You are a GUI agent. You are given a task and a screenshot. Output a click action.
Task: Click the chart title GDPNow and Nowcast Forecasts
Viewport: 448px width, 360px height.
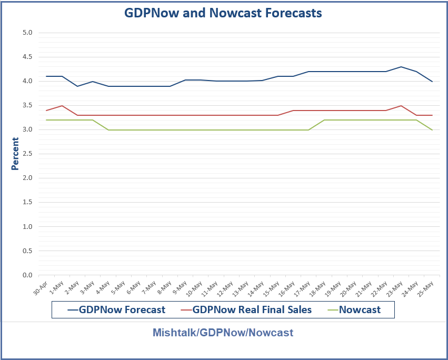coord(223,13)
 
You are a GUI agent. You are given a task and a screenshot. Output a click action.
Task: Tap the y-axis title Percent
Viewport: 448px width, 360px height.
coord(15,154)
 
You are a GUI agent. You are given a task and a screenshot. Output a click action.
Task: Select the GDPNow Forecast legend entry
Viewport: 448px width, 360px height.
coord(116,309)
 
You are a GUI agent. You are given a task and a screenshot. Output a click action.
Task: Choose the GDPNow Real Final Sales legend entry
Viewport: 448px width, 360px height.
coord(246,309)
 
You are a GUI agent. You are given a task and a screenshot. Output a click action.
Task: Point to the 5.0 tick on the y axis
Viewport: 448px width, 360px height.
coord(27,33)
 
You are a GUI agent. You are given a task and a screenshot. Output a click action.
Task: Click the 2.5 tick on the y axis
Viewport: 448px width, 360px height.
coord(27,154)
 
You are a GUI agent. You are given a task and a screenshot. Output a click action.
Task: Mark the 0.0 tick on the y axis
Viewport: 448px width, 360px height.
coord(27,275)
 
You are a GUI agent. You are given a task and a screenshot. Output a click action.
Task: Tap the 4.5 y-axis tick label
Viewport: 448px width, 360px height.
coord(27,57)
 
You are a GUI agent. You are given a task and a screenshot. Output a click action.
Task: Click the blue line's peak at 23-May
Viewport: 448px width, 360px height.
coord(401,67)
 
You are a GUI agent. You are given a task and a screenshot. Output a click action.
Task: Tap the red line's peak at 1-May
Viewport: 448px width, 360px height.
coord(62,106)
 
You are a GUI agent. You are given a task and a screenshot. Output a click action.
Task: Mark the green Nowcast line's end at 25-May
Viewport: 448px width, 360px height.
coord(432,129)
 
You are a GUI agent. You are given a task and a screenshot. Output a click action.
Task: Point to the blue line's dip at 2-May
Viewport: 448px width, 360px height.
coord(78,86)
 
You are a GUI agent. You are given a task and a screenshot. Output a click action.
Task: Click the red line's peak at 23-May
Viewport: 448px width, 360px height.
coord(401,106)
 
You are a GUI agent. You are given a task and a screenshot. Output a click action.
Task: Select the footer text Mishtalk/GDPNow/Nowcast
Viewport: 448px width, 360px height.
coord(223,333)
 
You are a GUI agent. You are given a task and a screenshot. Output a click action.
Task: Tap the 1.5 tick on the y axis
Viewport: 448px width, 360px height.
coord(27,202)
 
